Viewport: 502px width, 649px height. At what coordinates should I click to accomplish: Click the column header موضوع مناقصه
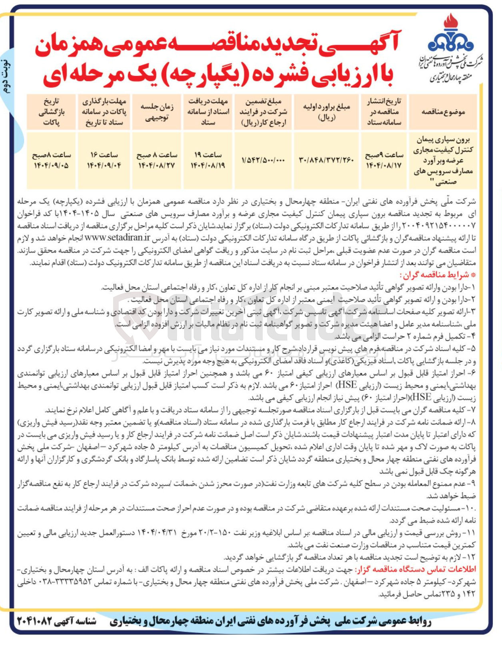pos(443,112)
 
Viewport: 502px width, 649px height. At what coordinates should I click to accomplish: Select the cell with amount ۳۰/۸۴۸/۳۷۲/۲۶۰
pos(326,160)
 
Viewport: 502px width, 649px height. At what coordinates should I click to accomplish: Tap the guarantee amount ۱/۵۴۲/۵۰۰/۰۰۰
pos(263,160)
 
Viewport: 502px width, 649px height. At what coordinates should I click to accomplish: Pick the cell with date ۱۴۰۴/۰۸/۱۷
pos(384,165)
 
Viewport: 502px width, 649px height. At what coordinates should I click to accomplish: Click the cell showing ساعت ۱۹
pos(208,155)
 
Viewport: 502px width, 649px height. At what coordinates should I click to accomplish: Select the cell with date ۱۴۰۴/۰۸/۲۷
pos(156,165)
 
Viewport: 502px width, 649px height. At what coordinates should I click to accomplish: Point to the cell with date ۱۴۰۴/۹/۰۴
pos(104,165)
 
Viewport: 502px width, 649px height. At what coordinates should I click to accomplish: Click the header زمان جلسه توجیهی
pos(156,112)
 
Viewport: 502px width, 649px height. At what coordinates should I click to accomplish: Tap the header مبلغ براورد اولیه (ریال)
pos(326,112)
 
